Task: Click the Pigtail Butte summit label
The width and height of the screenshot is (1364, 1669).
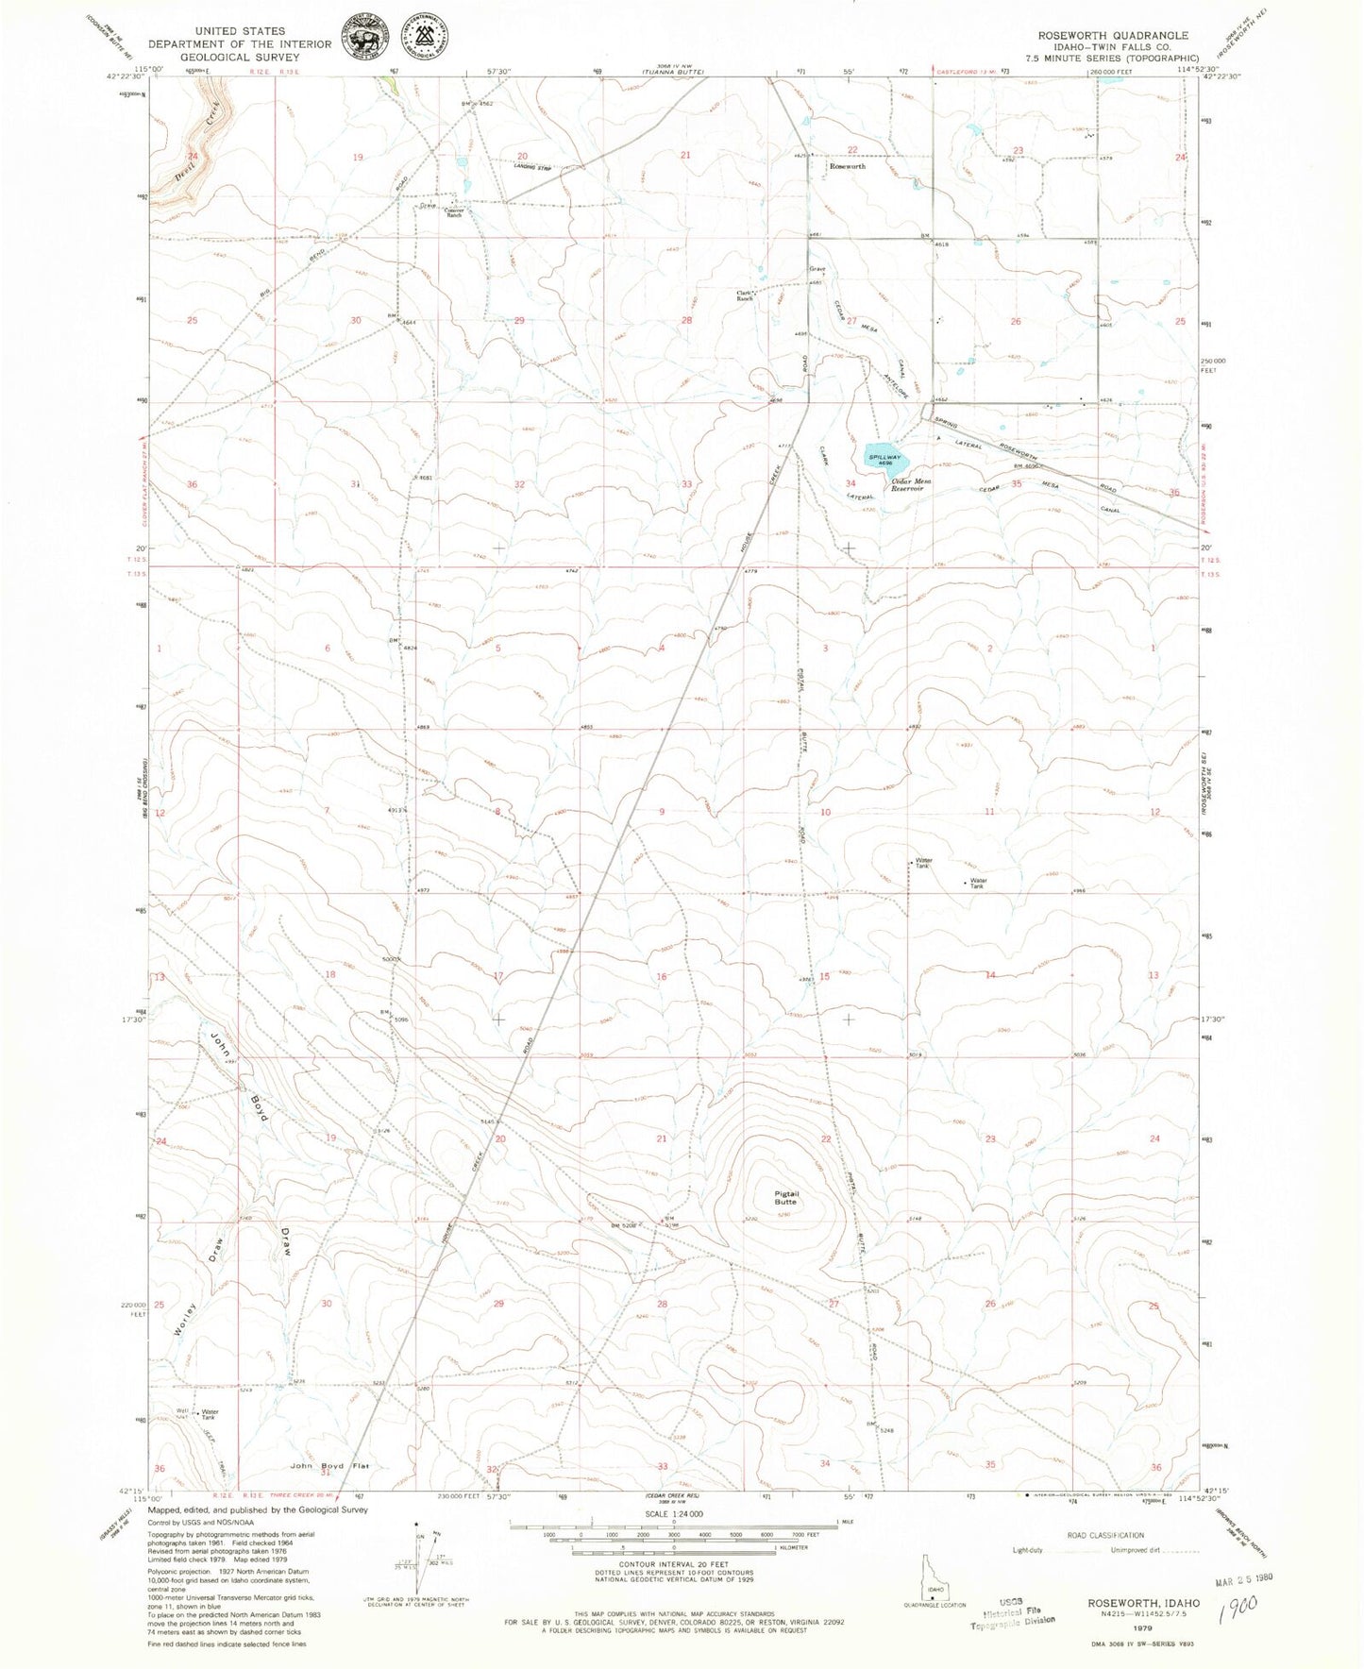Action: point(785,1197)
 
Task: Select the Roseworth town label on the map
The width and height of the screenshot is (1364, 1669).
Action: point(847,166)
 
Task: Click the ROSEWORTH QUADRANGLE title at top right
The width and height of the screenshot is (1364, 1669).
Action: point(1113,35)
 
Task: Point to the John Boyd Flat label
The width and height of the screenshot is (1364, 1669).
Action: point(329,1466)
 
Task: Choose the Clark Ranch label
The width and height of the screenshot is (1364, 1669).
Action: point(748,295)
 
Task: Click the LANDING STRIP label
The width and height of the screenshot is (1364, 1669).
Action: point(532,168)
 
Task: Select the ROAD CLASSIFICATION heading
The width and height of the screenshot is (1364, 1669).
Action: point(1106,1535)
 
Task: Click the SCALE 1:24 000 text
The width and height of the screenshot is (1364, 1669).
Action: point(673,1513)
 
